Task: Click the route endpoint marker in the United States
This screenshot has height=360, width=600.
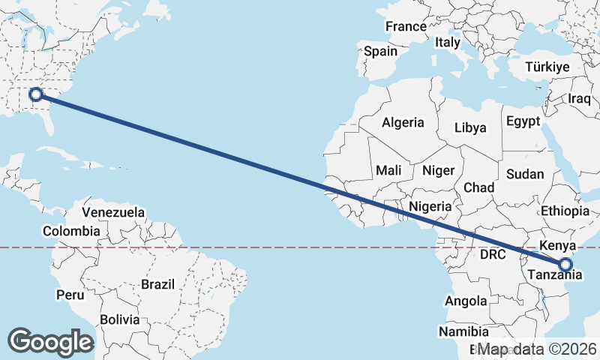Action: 35,94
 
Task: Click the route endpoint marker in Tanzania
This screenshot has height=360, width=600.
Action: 565,264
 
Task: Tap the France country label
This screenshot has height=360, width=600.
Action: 406,26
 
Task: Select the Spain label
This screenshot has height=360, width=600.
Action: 380,52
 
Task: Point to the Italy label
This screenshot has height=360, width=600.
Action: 447,43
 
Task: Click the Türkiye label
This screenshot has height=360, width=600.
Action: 547,67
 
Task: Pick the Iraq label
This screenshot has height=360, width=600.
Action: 580,99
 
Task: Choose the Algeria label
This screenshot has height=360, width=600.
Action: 403,122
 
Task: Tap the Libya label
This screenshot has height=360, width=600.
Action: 470,127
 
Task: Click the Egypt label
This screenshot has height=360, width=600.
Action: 523,121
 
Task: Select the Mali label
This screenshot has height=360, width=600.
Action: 389,169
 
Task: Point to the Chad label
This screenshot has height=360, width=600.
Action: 478,187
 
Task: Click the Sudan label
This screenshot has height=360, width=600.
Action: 525,174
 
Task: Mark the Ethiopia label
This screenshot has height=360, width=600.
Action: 565,211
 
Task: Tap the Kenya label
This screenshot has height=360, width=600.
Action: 557,245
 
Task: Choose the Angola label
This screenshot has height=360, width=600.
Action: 466,301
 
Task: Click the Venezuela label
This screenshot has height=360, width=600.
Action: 113,212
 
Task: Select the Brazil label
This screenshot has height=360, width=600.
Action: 157,284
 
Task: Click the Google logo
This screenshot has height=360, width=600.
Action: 51,342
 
